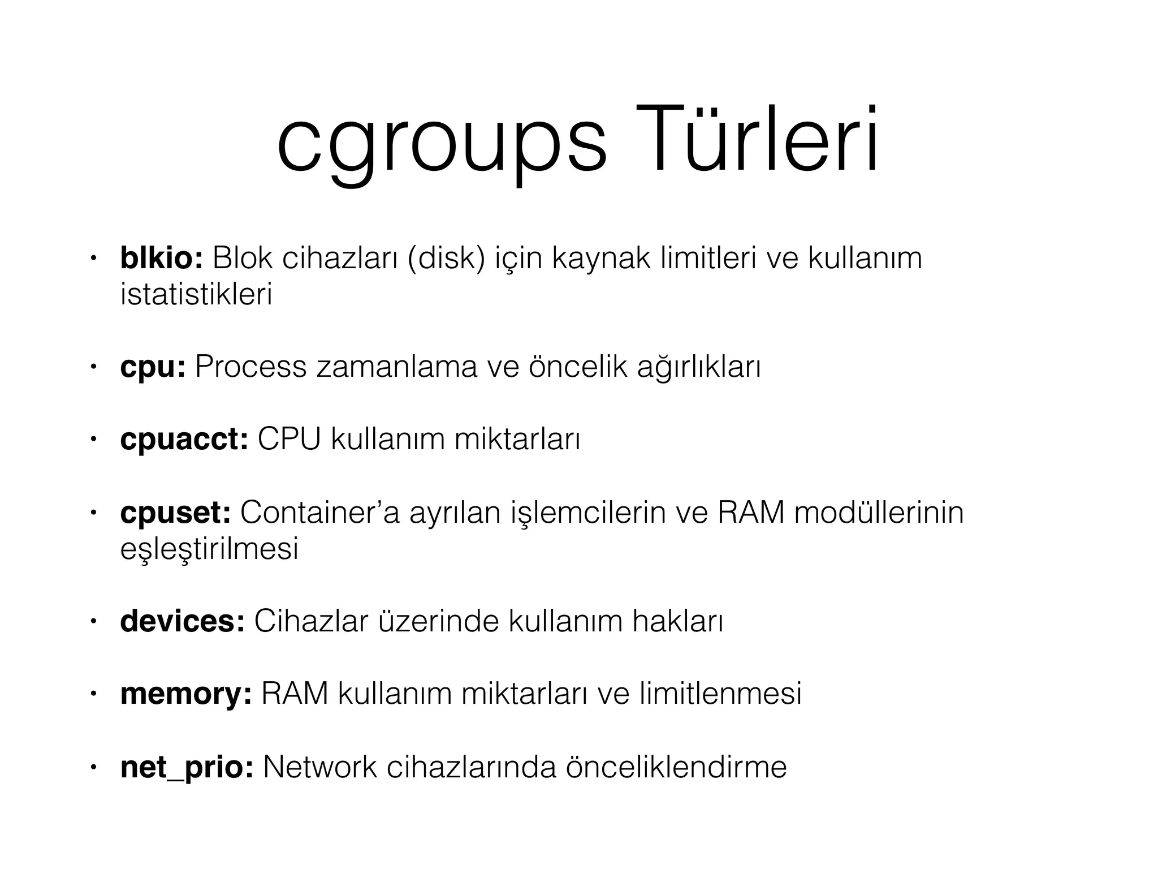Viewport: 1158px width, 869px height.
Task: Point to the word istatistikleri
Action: [x=196, y=294]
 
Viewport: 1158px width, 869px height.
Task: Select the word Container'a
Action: [x=319, y=513]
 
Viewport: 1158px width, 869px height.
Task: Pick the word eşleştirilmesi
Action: [x=209, y=549]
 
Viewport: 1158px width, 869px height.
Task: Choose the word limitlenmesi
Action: [x=720, y=694]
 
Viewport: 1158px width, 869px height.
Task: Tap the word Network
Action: [x=319, y=768]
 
